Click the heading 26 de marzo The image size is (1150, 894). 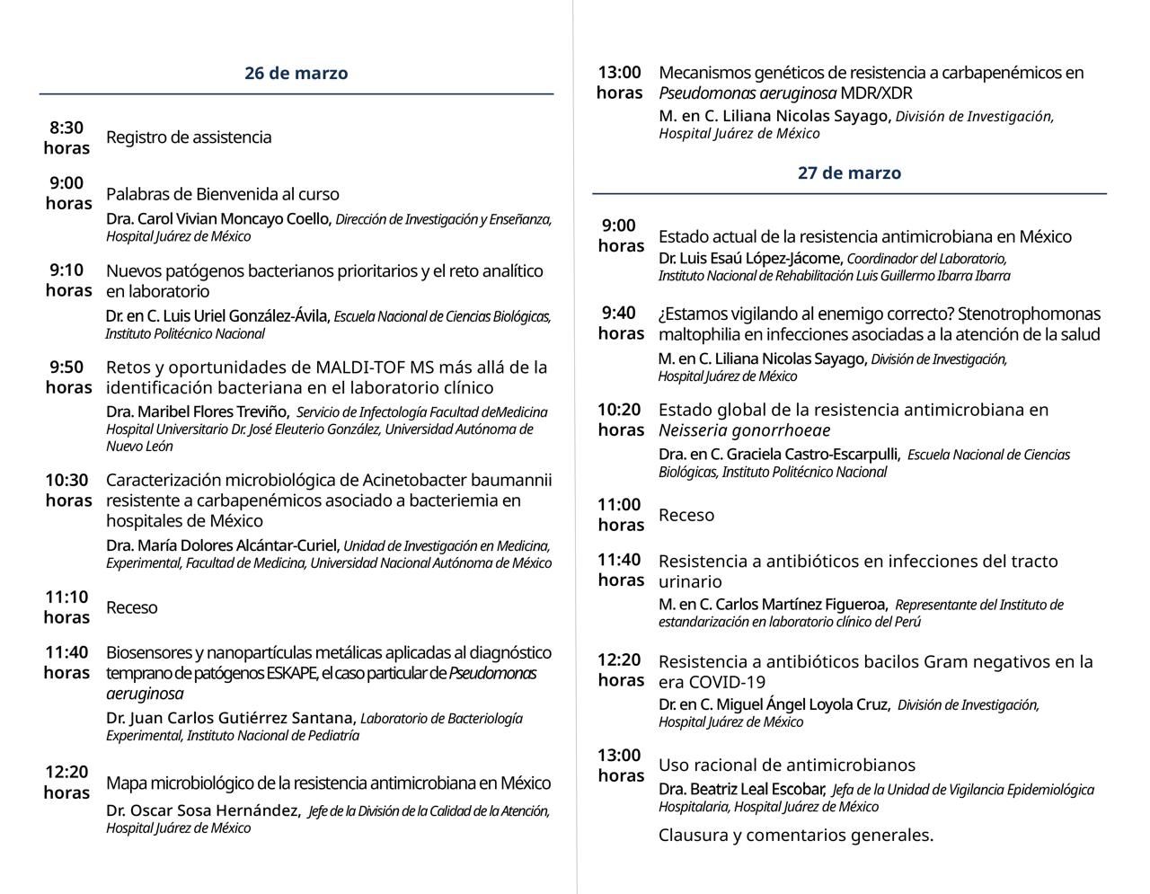pyautogui.click(x=296, y=74)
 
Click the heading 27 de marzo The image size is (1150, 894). pyautogui.click(x=849, y=173)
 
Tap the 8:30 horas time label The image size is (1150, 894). pyautogui.click(x=66, y=137)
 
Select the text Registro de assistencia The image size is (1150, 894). pyautogui.click(x=189, y=137)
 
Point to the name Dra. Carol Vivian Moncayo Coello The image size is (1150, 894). pyautogui.click(x=219, y=219)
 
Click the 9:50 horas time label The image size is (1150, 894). pyautogui.click(x=68, y=377)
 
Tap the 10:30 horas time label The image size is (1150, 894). pyautogui.click(x=68, y=490)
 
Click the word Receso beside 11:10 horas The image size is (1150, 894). pyautogui.click(x=132, y=607)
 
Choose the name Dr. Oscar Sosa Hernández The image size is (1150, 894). pyautogui.click(x=203, y=810)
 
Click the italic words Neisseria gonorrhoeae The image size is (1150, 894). pyautogui.click(x=731, y=430)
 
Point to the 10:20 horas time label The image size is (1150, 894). pyautogui.click(x=621, y=420)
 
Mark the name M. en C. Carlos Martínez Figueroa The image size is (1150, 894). pyautogui.click(x=774, y=605)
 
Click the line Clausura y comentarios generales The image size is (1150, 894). pyautogui.click(x=796, y=835)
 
